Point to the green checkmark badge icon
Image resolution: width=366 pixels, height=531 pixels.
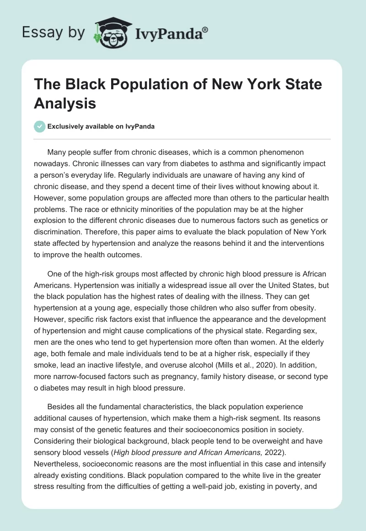pyautogui.click(x=40, y=126)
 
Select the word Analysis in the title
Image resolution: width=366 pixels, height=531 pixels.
pyautogui.click(x=65, y=103)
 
